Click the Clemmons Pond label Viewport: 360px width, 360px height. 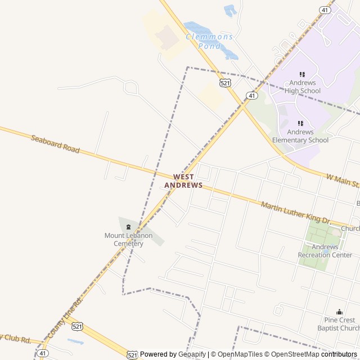click(x=209, y=41)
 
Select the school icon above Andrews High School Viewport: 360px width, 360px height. click(x=302, y=74)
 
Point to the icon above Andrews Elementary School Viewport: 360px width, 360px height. click(x=300, y=123)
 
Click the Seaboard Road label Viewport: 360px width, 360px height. click(x=55, y=144)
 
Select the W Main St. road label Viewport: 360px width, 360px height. click(x=343, y=181)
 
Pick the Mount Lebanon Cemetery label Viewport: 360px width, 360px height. click(x=128, y=239)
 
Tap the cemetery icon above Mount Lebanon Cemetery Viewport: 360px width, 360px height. click(x=128, y=227)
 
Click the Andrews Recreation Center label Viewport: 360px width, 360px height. click(x=325, y=251)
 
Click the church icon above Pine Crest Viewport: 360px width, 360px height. click(x=339, y=312)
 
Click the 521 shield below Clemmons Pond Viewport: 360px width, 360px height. click(x=225, y=83)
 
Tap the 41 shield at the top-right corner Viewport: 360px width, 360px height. click(x=326, y=10)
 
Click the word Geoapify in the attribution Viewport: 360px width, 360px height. click(x=192, y=354)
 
